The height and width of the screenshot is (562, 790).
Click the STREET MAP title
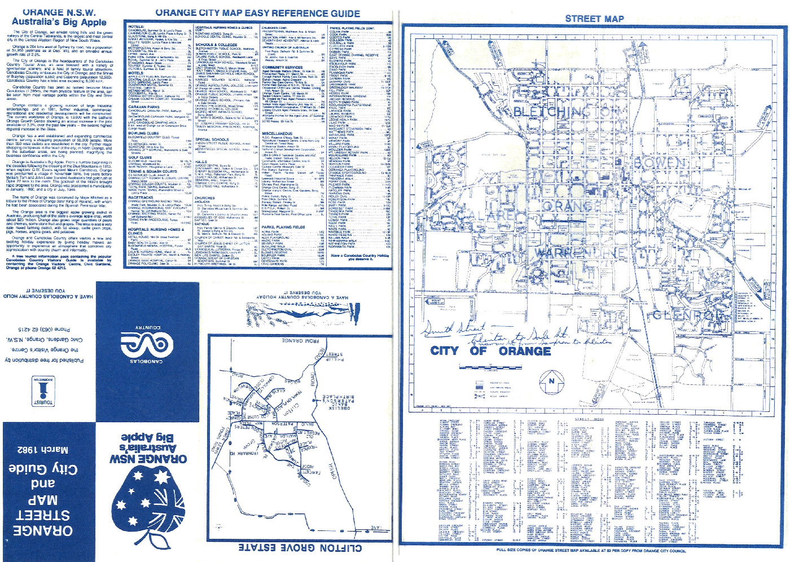pos(594,19)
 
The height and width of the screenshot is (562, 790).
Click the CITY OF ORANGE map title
pos(490,350)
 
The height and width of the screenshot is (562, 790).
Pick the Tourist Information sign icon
pos(43,393)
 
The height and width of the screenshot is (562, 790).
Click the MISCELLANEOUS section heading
pos(277,134)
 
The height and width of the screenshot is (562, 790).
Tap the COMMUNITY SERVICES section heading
pos(282,67)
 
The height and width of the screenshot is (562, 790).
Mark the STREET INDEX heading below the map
pos(589,419)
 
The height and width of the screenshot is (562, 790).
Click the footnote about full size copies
pos(591,550)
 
